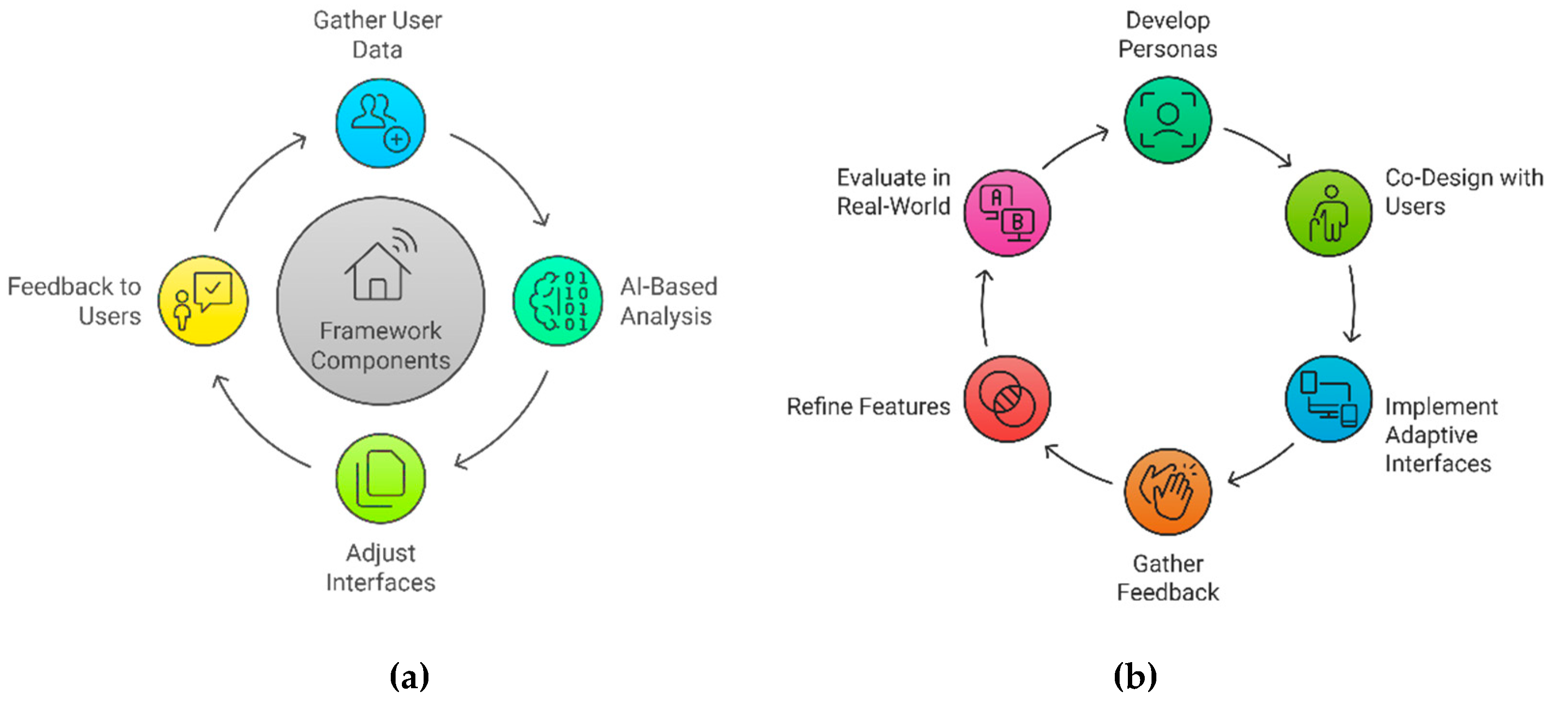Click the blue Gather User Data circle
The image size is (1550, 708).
pyautogui.click(x=380, y=123)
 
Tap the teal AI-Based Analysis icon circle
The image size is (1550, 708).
pyautogui.click(x=557, y=301)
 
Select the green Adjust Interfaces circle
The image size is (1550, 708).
pyautogui.click(x=380, y=478)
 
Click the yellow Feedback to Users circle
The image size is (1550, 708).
pyautogui.click(x=203, y=301)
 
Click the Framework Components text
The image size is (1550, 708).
pyautogui.click(x=380, y=345)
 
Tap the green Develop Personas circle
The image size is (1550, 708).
pyautogui.click(x=1168, y=120)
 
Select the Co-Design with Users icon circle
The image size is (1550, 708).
pyautogui.click(x=1329, y=213)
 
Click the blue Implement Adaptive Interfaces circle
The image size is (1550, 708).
pyautogui.click(x=1329, y=399)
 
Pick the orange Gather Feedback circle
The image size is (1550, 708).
pyautogui.click(x=1168, y=492)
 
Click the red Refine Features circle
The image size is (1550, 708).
pyautogui.click(x=1007, y=399)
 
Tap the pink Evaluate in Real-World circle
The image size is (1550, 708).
pyautogui.click(x=1007, y=213)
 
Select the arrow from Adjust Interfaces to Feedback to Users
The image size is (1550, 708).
pyautogui.click(x=253, y=427)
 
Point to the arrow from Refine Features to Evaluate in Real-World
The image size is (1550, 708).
pyautogui.click(x=983, y=307)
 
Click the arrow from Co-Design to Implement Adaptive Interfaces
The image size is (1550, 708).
pyautogui.click(x=1353, y=304)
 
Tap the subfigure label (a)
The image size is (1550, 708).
pyautogui.click(x=409, y=676)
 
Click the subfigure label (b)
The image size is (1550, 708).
pyautogui.click(x=1135, y=676)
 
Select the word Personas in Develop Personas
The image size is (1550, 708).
pyautogui.click(x=1167, y=49)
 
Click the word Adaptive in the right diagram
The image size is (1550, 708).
pyautogui.click(x=1431, y=434)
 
